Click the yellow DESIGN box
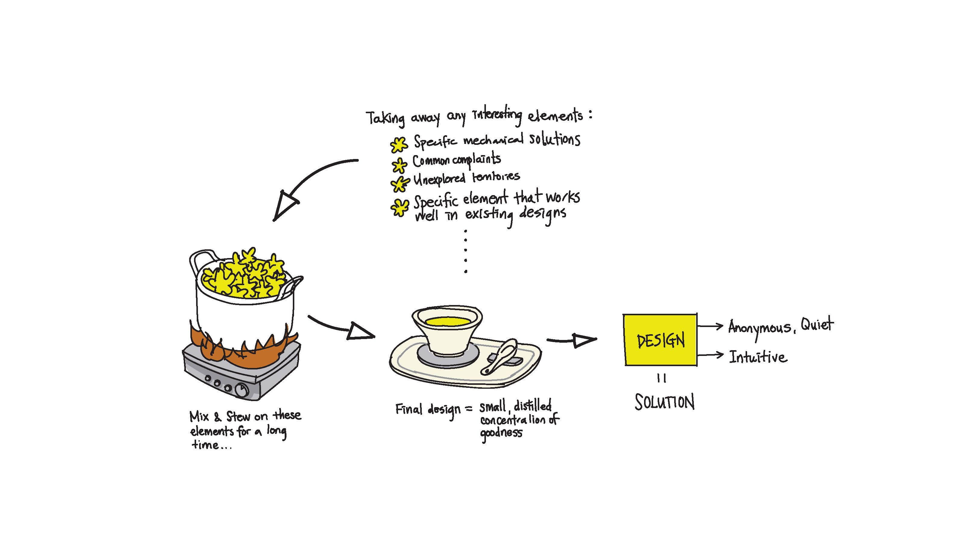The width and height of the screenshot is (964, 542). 660,340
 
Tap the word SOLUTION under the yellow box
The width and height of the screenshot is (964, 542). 665,402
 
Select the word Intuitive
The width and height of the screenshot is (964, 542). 758,357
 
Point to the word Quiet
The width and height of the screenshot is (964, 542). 817,324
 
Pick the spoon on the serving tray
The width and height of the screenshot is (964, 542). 499,356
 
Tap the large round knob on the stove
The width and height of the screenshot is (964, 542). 242,390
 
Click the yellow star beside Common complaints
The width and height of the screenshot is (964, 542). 399,165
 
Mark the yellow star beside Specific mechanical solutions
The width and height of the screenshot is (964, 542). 399,145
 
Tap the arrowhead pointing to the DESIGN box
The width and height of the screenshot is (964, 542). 584,340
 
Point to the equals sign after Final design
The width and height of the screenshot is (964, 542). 468,409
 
